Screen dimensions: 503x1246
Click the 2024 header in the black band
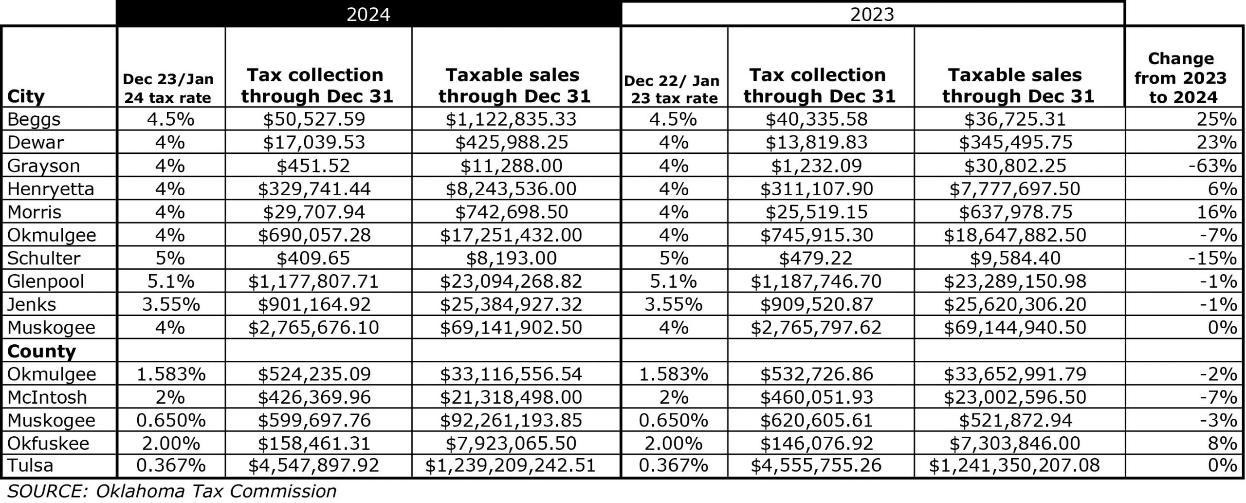pyautogui.click(x=368, y=14)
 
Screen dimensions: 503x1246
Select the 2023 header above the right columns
pyautogui.click(x=872, y=14)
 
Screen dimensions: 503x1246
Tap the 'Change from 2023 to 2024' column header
pyautogui.click(x=1181, y=77)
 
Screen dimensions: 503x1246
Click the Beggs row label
pyautogui.click(x=34, y=119)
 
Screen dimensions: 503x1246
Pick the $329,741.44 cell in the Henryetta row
pyautogui.click(x=314, y=189)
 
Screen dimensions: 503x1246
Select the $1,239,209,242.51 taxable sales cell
pyautogui.click(x=511, y=466)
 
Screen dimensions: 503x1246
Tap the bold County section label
pyautogui.click(x=41, y=351)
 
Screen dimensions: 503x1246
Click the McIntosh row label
pyautogui.click(x=47, y=397)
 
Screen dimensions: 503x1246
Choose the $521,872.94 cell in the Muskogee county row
pyautogui.click(x=1015, y=420)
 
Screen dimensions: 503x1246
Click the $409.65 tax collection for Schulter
pyautogui.click(x=313, y=258)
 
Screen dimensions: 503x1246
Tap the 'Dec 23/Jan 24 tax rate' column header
pyautogui.click(x=168, y=88)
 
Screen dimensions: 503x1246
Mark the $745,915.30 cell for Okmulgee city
pyautogui.click(x=816, y=235)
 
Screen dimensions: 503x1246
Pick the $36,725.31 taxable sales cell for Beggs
pyautogui.click(x=1015, y=119)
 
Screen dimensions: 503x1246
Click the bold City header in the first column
pyautogui.click(x=26, y=96)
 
